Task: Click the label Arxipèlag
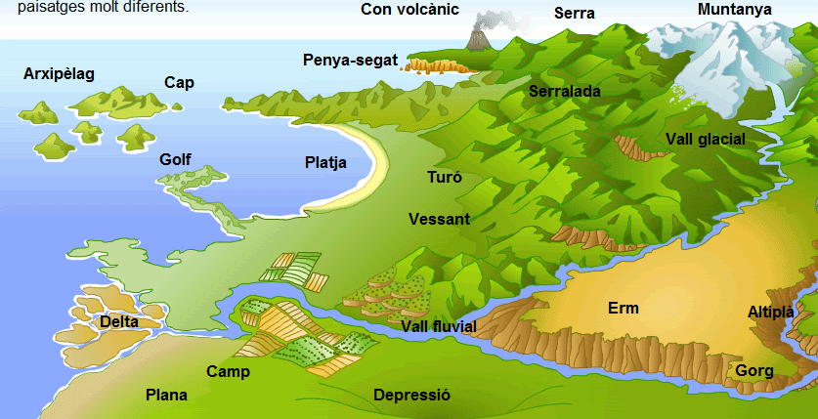[x=59, y=74]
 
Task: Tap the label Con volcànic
[x=409, y=10]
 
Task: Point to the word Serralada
[x=565, y=91]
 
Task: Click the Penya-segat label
[x=351, y=61]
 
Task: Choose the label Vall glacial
[x=706, y=139]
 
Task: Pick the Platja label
[x=325, y=163]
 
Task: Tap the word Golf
[x=176, y=159]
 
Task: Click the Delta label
[x=119, y=320]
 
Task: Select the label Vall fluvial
[x=439, y=325]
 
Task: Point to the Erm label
[x=623, y=309]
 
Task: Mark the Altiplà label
[x=771, y=312]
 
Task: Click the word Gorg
[x=754, y=371]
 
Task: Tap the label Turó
[x=445, y=179]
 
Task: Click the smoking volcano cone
[x=478, y=40]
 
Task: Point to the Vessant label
[x=440, y=219]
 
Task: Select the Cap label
[x=179, y=83]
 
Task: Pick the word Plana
[x=166, y=395]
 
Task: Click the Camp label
[x=228, y=371]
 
